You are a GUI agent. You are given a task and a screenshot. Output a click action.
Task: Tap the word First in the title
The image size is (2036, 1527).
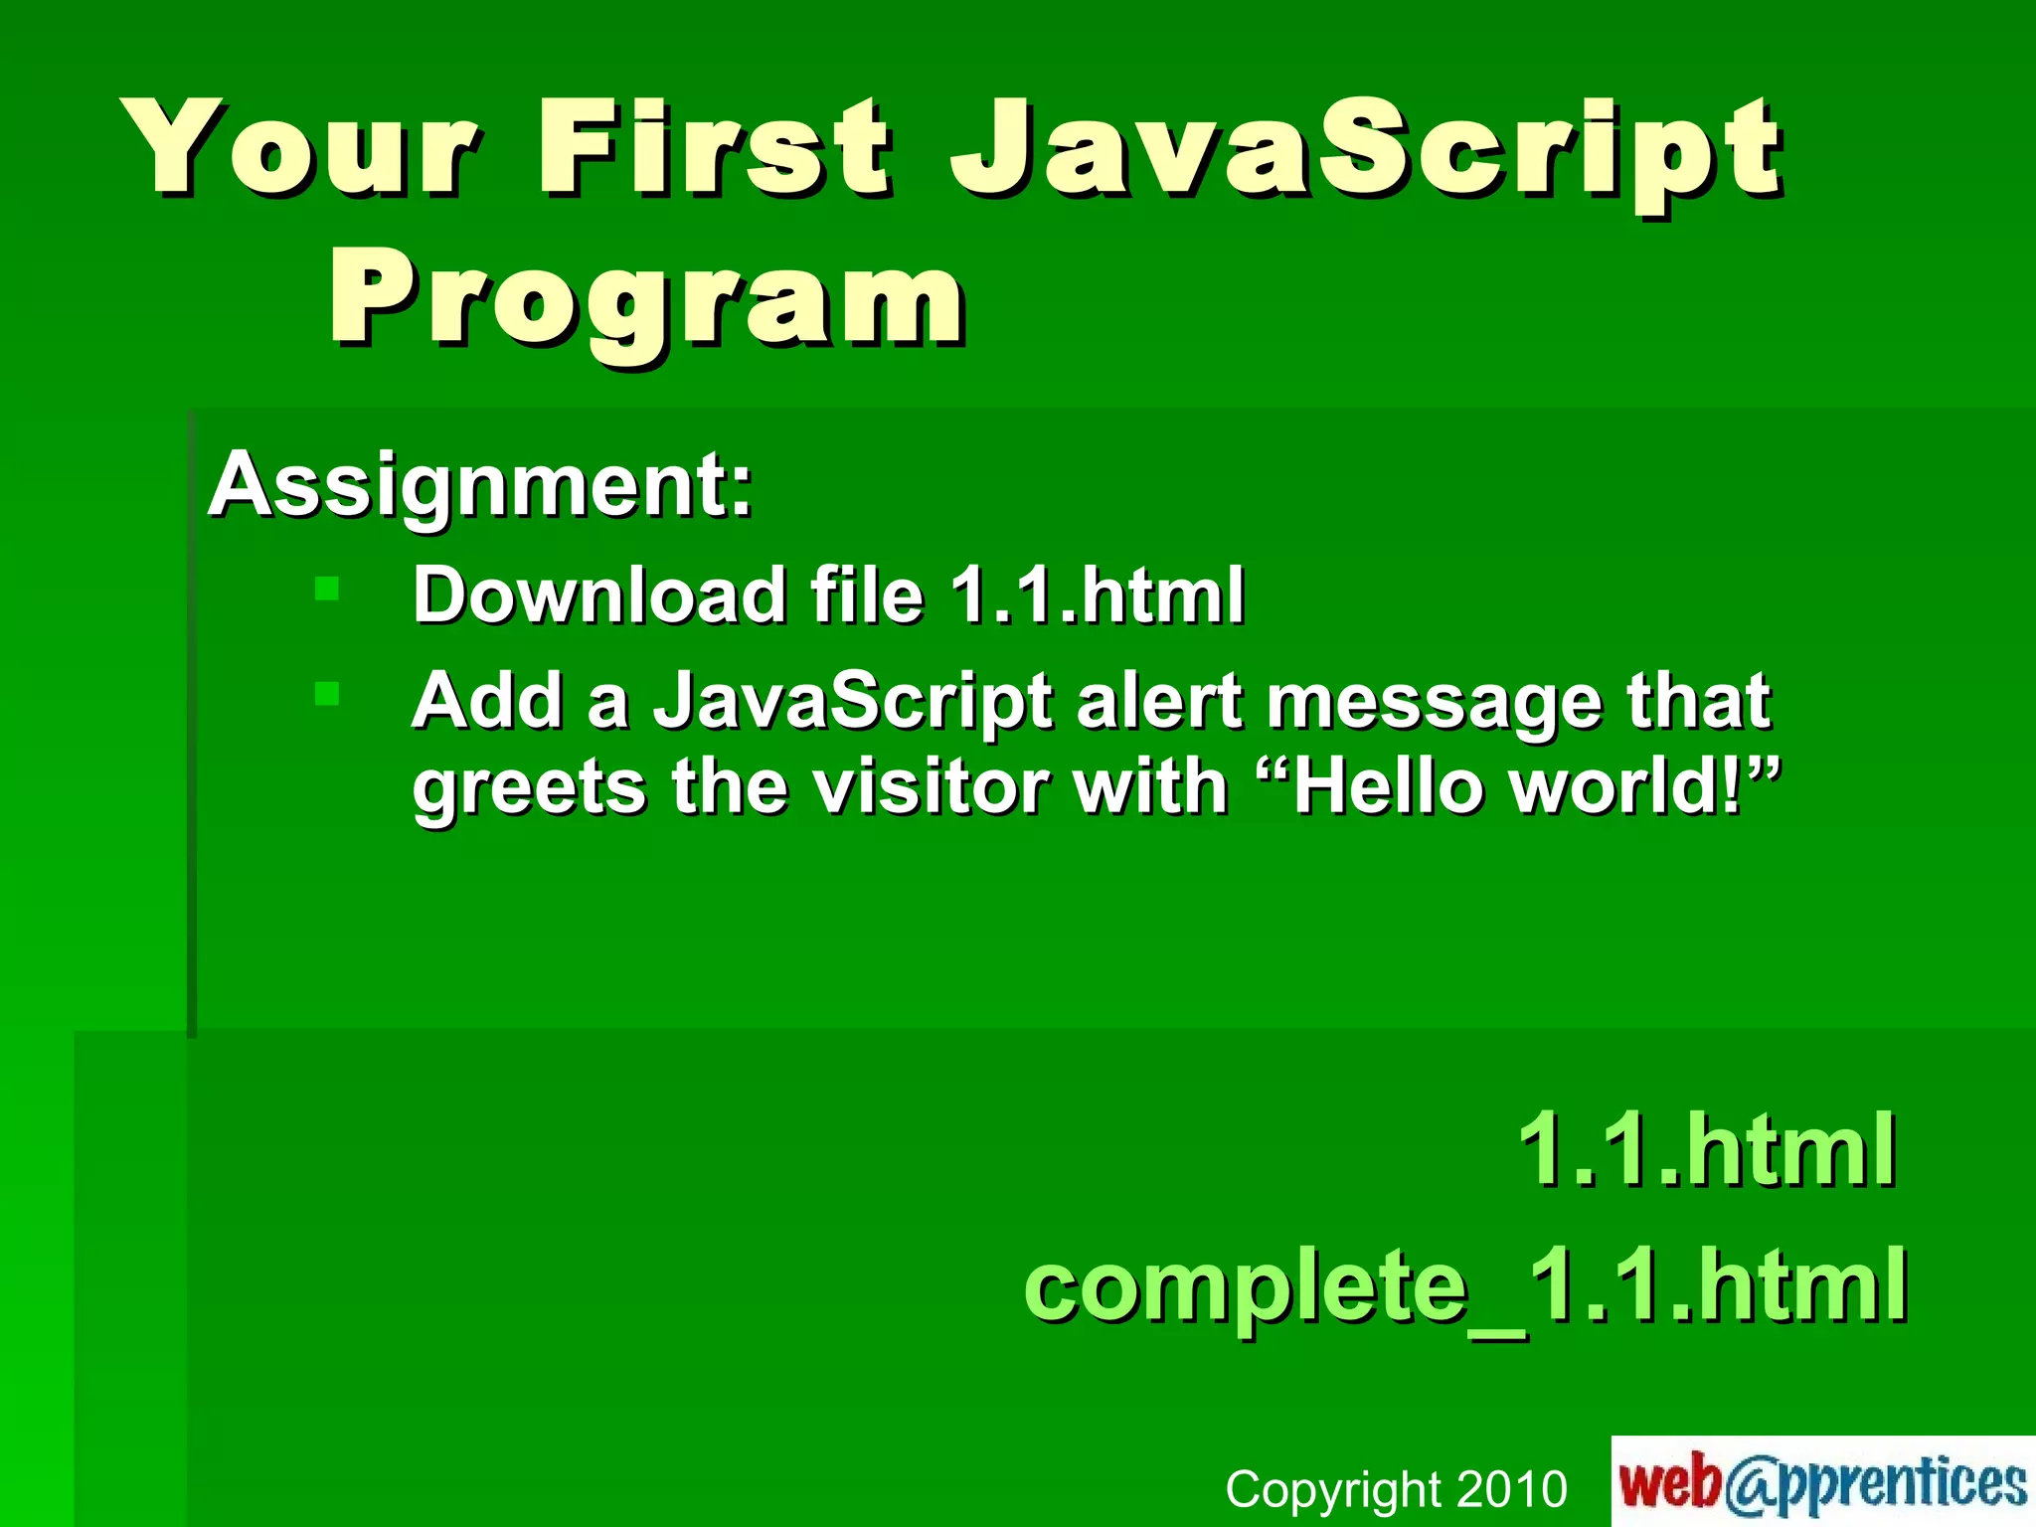click(713, 149)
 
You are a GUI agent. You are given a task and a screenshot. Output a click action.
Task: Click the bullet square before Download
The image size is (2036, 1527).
click(327, 589)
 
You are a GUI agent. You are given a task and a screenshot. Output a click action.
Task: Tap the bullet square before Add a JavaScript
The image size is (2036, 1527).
click(327, 693)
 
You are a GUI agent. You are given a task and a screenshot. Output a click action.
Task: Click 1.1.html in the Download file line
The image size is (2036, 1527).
click(1097, 595)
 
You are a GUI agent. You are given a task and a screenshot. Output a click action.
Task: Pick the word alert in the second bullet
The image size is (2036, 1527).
click(1158, 701)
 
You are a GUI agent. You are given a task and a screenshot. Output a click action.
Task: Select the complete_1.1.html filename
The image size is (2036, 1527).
click(1465, 1286)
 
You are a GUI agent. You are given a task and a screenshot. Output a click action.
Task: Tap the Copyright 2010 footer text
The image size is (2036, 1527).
click(1396, 1489)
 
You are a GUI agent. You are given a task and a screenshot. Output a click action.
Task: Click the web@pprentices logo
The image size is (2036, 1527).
click(1822, 1482)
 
